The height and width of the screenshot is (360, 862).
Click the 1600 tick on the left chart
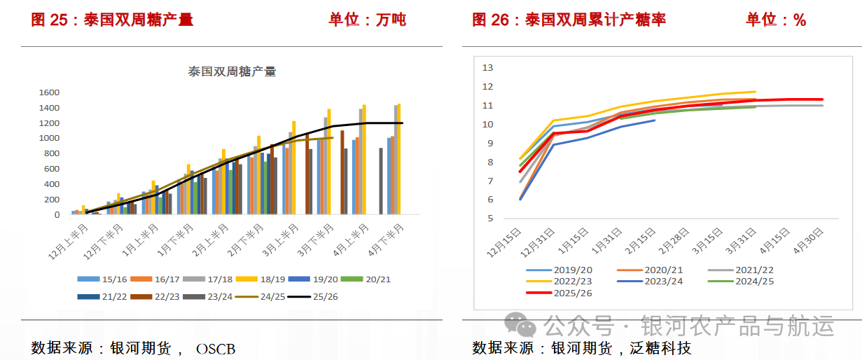pyautogui.click(x=49, y=92)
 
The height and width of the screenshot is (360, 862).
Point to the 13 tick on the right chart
pyautogui.click(x=487, y=68)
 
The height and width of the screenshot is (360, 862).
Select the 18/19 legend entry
pyautogui.click(x=260, y=279)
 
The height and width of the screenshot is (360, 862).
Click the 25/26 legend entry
pyautogui.click(x=313, y=296)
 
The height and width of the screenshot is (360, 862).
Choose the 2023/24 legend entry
pyautogui.click(x=650, y=281)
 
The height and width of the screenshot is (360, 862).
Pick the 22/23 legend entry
pyautogui.click(x=155, y=296)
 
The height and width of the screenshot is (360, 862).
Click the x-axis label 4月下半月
pyautogui.click(x=386, y=240)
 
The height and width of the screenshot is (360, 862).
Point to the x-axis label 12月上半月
pyautogui.click(x=69, y=242)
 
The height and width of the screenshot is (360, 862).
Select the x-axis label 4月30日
pyautogui.click(x=808, y=241)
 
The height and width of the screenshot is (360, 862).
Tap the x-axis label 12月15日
pyautogui.click(x=504, y=242)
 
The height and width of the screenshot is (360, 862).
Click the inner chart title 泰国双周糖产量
pyautogui.click(x=232, y=71)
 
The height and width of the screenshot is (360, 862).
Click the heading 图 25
pyautogui.click(x=49, y=20)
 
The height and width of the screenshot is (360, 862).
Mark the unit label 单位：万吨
pyautogui.click(x=368, y=20)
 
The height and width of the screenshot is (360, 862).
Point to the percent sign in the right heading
pyautogui.click(x=800, y=20)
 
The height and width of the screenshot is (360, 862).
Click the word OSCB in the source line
pyautogui.click(x=216, y=349)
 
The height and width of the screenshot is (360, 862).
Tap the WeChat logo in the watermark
pyautogui.click(x=520, y=324)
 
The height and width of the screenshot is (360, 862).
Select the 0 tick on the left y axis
pyautogui.click(x=57, y=215)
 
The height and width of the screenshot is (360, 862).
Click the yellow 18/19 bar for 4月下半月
pyautogui.click(x=399, y=159)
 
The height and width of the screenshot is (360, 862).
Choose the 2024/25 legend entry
pyautogui.click(x=741, y=281)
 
